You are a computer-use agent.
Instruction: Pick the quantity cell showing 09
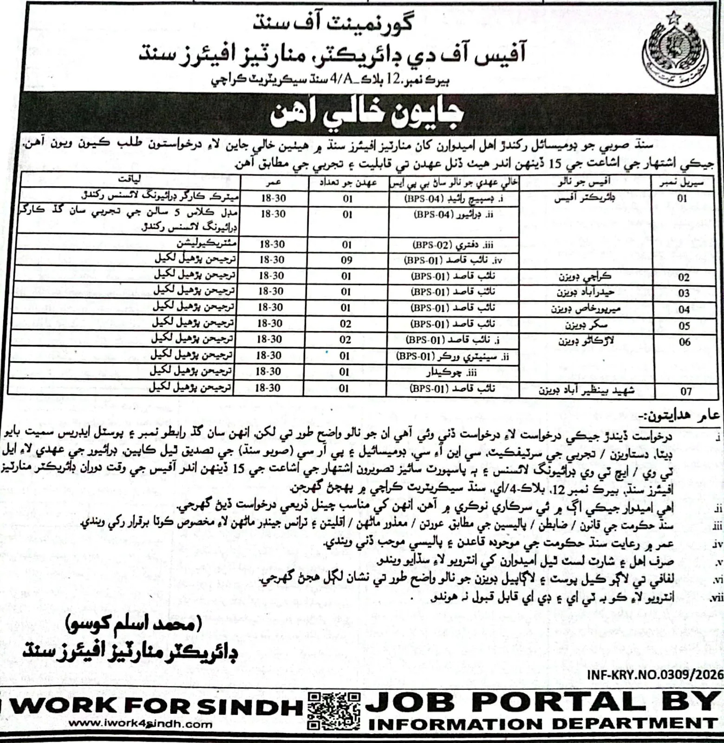(346, 260)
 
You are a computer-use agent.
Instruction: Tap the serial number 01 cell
(682, 198)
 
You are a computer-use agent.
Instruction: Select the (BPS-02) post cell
(453, 245)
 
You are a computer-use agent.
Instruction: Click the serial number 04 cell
(684, 309)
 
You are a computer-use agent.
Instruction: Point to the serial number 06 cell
(685, 342)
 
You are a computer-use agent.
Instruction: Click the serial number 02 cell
(684, 278)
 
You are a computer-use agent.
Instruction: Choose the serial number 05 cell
(684, 326)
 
